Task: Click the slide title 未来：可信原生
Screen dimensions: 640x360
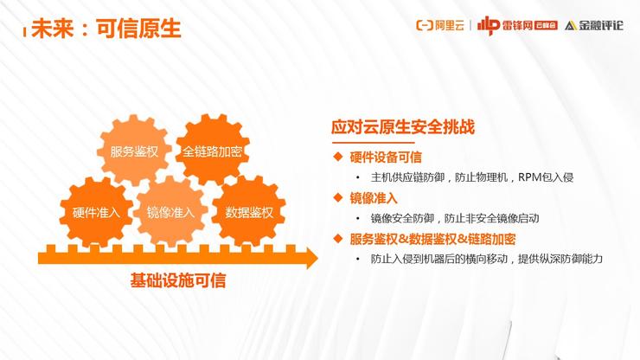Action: point(106,29)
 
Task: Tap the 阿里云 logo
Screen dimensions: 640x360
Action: point(440,25)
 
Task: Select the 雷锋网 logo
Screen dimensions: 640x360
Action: point(517,25)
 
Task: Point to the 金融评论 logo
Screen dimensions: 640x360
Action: point(594,25)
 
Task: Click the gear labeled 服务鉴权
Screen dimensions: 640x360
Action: point(134,151)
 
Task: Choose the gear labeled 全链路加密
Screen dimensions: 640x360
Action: point(212,151)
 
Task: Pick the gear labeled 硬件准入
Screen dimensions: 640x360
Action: point(96,212)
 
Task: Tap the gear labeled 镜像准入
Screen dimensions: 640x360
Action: point(170,212)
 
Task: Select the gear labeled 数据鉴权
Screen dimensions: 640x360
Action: point(249,212)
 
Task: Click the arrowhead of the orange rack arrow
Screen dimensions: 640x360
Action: point(312,258)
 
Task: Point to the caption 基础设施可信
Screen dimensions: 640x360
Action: point(178,280)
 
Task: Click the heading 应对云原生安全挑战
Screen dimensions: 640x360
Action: point(403,126)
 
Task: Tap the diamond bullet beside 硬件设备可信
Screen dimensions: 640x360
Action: point(338,157)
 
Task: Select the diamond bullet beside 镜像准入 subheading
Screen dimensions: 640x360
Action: point(338,198)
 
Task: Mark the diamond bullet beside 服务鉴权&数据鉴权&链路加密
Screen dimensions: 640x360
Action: point(338,238)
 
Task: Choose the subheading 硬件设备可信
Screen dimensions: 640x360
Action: point(386,157)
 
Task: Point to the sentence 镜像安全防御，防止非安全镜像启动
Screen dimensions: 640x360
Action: point(455,218)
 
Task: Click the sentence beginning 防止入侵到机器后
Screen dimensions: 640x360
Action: point(487,259)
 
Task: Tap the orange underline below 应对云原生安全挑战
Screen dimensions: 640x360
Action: point(374,143)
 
